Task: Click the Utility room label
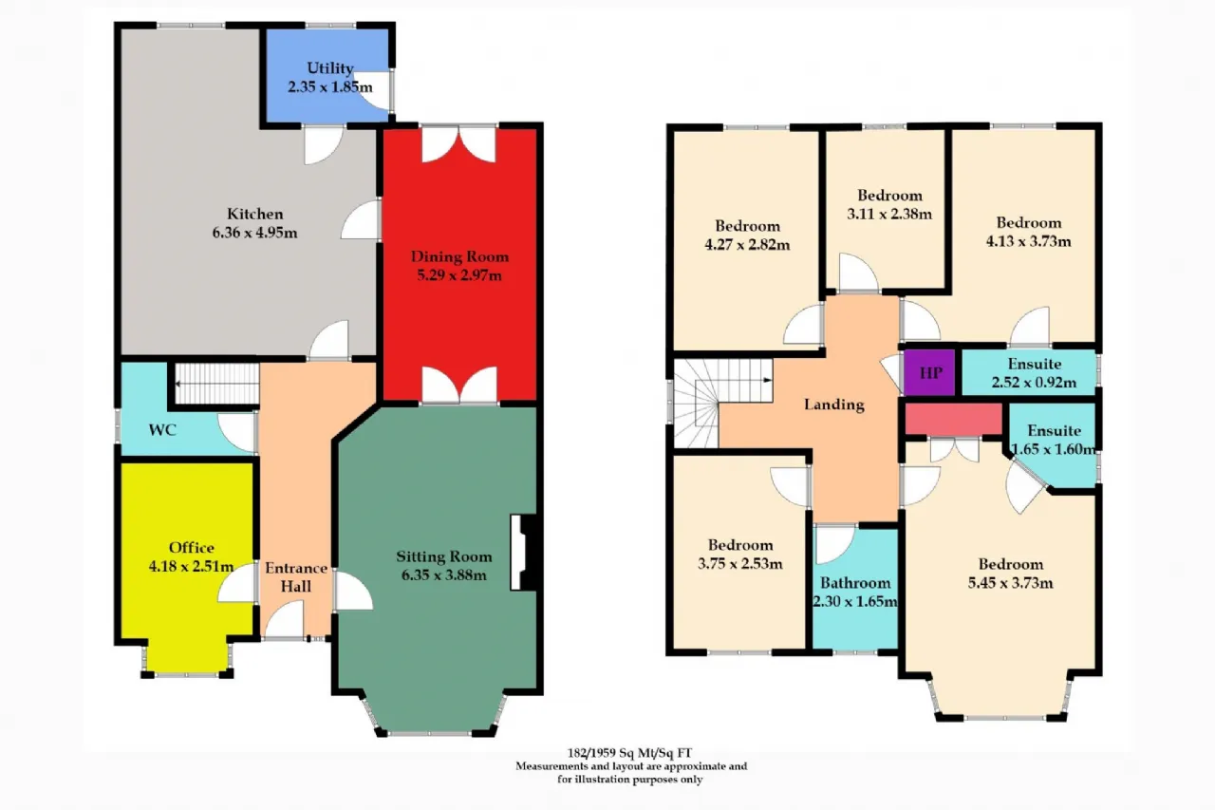pyautogui.click(x=329, y=68)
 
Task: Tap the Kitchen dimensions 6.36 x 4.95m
pyautogui.click(x=254, y=233)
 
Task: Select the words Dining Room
pyautogui.click(x=459, y=256)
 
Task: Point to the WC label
pyautogui.click(x=162, y=430)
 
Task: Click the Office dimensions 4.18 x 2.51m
pyautogui.click(x=191, y=566)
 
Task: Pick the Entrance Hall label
pyautogui.click(x=296, y=577)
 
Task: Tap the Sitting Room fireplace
pyautogui.click(x=523, y=553)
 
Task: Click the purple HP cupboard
pyautogui.click(x=929, y=373)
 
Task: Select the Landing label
pyautogui.click(x=833, y=405)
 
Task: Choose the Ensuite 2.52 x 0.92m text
pyautogui.click(x=1034, y=373)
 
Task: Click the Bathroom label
pyautogui.click(x=855, y=583)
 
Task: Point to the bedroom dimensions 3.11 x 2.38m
pyautogui.click(x=889, y=214)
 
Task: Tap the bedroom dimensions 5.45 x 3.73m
pyautogui.click(x=1011, y=583)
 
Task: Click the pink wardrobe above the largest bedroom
pyautogui.click(x=954, y=418)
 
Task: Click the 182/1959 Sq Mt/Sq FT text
pyautogui.click(x=629, y=753)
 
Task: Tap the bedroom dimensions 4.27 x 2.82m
pyautogui.click(x=747, y=245)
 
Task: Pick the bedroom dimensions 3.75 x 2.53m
pyautogui.click(x=739, y=564)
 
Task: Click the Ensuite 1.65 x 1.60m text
pyautogui.click(x=1054, y=440)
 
